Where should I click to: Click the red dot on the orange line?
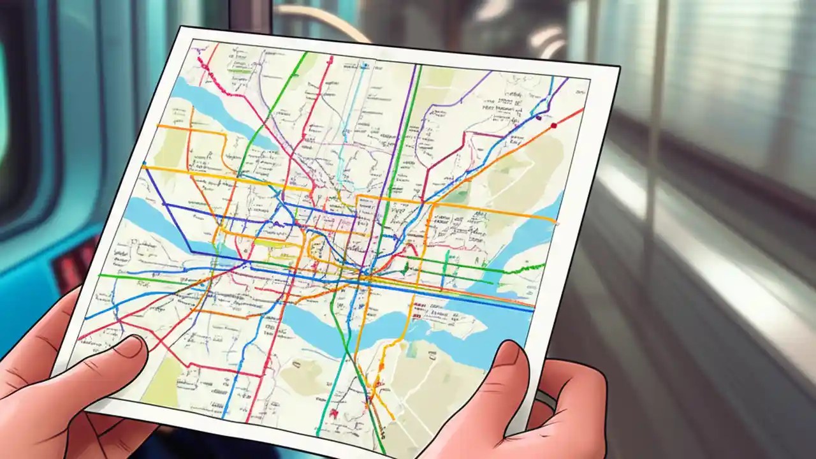pos(553,126)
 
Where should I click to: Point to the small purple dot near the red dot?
pos(539,117)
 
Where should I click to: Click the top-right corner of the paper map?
pos(619,66)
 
